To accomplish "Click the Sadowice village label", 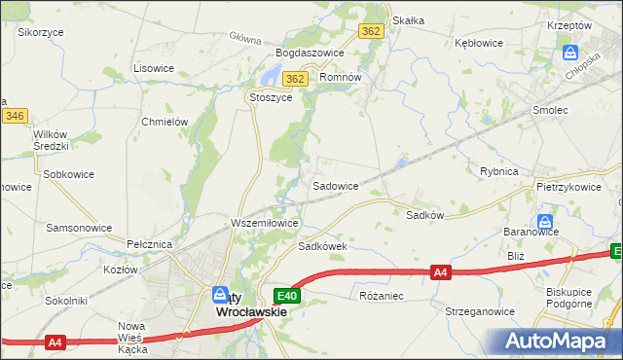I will coord(335,185).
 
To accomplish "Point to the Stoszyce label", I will coord(272,98).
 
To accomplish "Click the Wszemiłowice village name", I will coord(264,223).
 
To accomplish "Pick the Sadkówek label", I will coord(323,247).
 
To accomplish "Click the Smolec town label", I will coord(550,111).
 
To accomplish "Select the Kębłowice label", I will coord(478,44).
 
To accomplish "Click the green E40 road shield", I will coord(287,296).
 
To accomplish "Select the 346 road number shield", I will coord(14,116).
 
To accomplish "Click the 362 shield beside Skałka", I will coord(370,31).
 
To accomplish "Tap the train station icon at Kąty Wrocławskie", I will coord(222,295).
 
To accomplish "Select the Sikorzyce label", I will coord(40,32).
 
